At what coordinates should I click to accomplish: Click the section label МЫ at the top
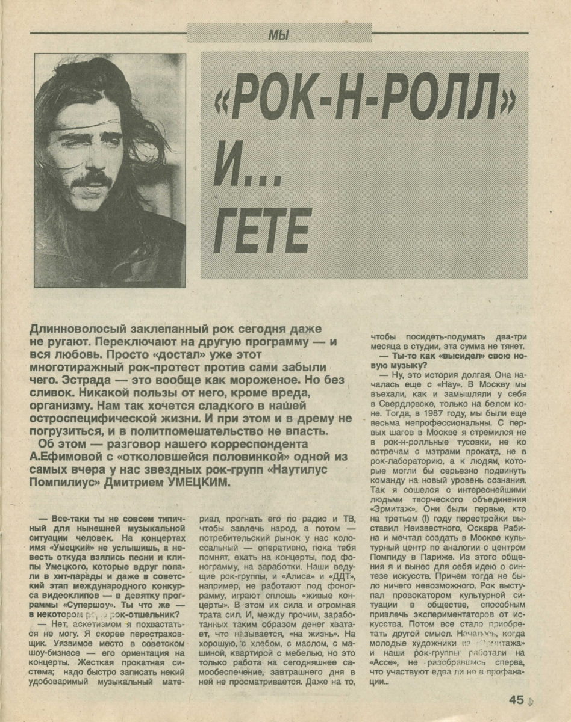[279, 35]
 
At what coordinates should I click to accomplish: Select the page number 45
[516, 699]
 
